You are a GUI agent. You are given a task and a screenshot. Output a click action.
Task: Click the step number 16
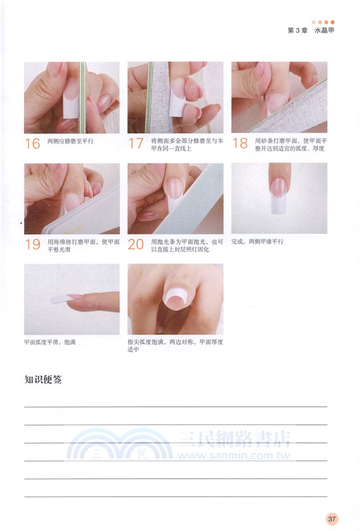(32, 143)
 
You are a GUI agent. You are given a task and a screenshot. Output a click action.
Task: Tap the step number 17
(135, 143)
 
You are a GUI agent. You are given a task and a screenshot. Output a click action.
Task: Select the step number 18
(239, 143)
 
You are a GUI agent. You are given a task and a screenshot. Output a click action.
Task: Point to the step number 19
(32, 244)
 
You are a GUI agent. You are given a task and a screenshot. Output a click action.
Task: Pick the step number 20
(135, 244)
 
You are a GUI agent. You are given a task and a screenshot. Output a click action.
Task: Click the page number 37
(333, 518)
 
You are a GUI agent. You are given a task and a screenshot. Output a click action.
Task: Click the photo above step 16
(72, 98)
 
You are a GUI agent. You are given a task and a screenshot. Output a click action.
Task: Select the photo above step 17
(175, 98)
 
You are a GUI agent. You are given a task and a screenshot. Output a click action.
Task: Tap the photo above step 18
(279, 98)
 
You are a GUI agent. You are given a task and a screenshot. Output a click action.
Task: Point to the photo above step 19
(72, 198)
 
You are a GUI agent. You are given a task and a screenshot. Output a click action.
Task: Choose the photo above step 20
(175, 198)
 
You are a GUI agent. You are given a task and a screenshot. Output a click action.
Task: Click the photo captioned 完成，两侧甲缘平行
(279, 198)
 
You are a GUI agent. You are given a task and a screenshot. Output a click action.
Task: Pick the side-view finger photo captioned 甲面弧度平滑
(72, 299)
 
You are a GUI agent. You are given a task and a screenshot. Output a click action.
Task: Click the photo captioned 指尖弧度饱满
(175, 299)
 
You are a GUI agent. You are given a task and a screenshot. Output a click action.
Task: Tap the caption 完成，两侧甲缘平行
(257, 242)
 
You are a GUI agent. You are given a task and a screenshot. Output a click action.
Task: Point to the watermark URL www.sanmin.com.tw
(235, 456)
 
